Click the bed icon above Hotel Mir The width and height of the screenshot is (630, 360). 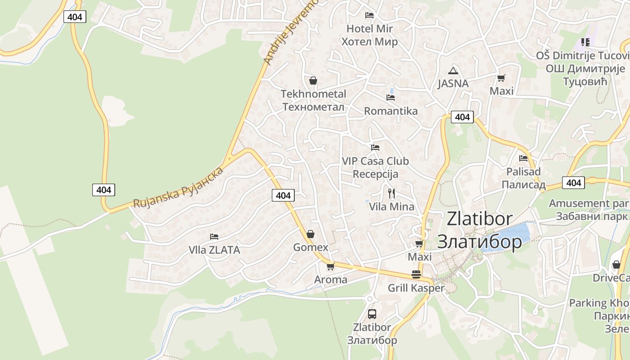point(369,15)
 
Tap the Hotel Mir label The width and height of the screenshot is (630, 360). point(369,35)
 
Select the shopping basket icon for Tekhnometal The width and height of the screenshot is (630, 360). point(313,81)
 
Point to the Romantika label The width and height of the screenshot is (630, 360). point(391,111)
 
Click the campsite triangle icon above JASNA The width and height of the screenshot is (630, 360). point(453,70)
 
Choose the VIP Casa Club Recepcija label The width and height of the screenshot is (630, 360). point(375,167)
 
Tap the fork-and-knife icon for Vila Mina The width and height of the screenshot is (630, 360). point(391,193)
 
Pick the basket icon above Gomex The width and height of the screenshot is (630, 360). point(310,234)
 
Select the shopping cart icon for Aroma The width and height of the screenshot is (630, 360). point(331,266)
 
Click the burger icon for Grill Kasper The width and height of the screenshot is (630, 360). point(416,274)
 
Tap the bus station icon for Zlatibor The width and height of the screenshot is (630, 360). point(372,314)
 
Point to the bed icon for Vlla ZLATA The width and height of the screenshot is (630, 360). point(214,236)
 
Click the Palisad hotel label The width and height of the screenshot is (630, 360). point(523,178)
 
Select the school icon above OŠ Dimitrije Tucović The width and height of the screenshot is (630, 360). point(585,42)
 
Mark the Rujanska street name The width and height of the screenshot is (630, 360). point(179,188)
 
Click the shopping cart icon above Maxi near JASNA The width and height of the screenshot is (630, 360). point(501,78)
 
